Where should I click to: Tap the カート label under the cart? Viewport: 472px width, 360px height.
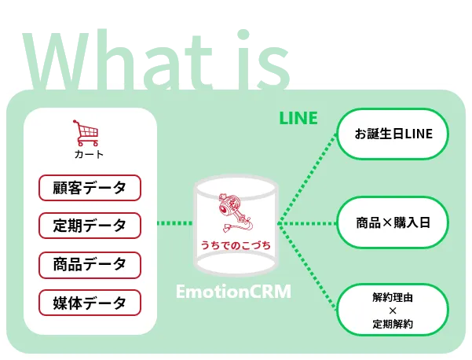coord(89,154)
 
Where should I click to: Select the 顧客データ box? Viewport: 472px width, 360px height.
coord(90,188)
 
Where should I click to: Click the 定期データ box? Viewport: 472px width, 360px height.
coord(90,226)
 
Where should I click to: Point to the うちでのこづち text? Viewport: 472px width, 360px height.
coord(236,247)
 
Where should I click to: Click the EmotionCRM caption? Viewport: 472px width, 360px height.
coord(233,292)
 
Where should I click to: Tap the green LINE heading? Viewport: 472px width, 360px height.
coord(298,119)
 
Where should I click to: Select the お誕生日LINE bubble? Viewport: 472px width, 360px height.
coord(393,134)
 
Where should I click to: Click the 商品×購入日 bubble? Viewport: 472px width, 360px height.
coord(393,222)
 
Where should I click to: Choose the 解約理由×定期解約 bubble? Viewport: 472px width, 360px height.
coord(393,310)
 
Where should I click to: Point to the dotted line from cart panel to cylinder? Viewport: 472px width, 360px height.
coord(174,223)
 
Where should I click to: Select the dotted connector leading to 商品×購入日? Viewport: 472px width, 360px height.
coord(309,223)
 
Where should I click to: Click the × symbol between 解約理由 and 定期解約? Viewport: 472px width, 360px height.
coord(393,310)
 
